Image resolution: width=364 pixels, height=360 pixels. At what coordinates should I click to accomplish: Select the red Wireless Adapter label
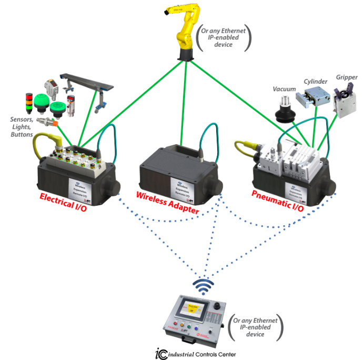[x=168, y=203]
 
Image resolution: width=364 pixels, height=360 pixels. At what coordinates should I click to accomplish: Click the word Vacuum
[x=284, y=89]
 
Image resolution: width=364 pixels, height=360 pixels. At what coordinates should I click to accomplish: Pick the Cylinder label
[x=316, y=82]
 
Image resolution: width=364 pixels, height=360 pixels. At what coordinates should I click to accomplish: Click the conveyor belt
[x=87, y=82]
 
